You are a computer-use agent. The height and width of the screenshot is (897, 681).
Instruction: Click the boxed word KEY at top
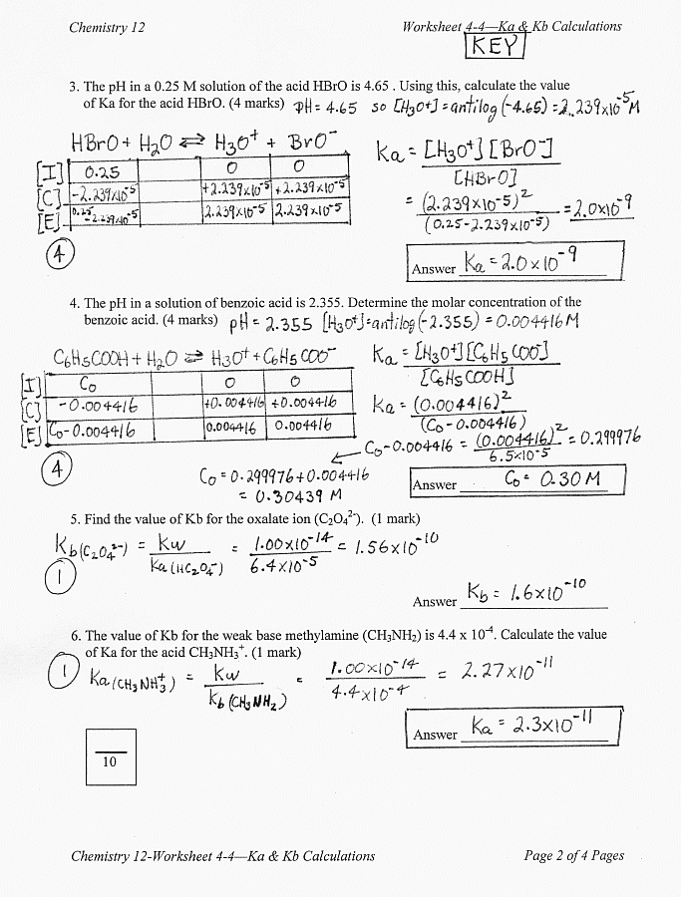[494, 46]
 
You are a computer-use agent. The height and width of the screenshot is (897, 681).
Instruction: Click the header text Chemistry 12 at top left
[107, 27]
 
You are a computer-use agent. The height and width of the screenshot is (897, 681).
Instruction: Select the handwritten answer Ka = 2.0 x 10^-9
[521, 264]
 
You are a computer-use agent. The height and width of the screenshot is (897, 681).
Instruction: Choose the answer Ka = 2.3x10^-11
[526, 726]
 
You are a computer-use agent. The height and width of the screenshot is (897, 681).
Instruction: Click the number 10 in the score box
[110, 762]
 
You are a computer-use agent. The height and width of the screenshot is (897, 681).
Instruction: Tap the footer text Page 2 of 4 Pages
[573, 855]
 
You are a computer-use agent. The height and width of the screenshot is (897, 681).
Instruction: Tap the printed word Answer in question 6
[434, 735]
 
